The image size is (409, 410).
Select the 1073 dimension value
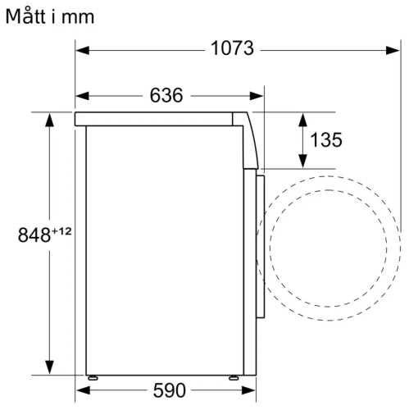(x=231, y=48)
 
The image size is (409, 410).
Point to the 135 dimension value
(x=325, y=140)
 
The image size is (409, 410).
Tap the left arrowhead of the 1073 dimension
(x=84, y=49)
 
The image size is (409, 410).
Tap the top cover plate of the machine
(x=160, y=119)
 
